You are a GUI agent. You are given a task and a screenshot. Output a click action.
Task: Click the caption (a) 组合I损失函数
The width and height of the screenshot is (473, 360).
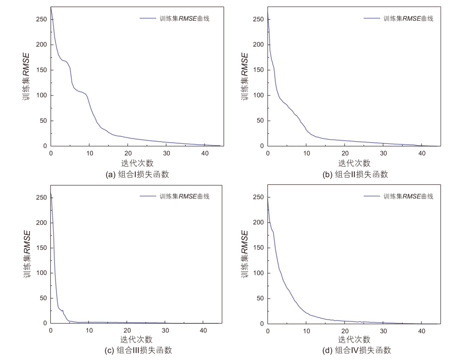[137, 175]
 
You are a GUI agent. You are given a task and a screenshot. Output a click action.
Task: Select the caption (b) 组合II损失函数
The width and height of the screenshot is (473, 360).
[355, 175]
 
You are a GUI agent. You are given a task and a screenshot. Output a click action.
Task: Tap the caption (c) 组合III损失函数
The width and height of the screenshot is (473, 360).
[138, 350]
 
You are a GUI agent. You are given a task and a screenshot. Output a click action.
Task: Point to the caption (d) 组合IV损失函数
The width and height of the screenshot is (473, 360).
[357, 350]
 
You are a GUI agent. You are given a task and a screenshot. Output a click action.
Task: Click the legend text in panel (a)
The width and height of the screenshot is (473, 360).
[184, 19]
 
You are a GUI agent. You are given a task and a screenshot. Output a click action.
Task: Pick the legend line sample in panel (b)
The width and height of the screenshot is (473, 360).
[371, 18]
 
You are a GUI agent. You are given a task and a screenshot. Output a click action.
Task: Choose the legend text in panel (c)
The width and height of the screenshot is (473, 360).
[184, 197]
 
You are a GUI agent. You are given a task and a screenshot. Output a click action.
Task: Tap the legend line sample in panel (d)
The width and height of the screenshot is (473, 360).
[371, 196]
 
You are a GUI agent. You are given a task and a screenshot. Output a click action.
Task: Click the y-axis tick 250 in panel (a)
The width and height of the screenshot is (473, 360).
[41, 19]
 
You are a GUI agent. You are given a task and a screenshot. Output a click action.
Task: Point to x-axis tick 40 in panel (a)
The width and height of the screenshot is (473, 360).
[205, 153]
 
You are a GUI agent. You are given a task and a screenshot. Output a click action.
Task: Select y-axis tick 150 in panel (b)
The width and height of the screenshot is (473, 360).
[258, 70]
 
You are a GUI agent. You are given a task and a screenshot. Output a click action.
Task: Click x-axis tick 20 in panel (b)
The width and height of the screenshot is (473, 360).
[345, 153]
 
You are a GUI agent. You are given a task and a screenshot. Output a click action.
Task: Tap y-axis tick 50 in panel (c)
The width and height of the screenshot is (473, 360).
[43, 298]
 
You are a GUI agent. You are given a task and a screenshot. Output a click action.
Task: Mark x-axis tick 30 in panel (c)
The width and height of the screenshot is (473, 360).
[165, 331]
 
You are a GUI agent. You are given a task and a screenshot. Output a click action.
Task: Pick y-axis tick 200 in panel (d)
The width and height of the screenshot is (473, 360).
[258, 222]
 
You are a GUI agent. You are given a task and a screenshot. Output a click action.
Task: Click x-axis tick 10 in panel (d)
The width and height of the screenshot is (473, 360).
[306, 331]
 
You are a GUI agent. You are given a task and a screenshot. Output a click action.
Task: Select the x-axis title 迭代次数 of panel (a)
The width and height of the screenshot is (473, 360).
[137, 163]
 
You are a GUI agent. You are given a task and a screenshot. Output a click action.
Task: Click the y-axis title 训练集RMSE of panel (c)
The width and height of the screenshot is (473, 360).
[27, 254]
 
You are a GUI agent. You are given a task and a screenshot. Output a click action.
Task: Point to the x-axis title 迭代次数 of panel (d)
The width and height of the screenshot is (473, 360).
[354, 339]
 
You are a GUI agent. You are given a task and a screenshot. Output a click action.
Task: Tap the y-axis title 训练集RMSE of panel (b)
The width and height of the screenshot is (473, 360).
[244, 76]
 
